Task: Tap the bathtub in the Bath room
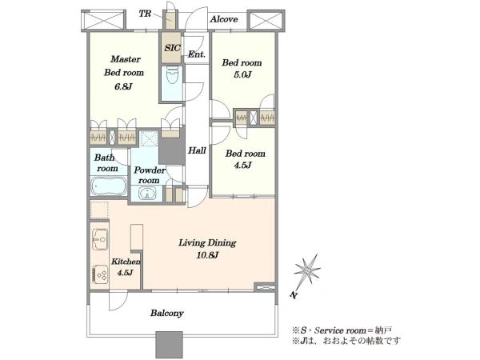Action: (x=109, y=186)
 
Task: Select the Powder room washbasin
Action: (x=147, y=194)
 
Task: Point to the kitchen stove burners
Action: (x=100, y=274)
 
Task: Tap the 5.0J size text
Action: (x=242, y=74)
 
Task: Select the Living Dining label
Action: (x=207, y=243)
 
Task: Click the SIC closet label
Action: (x=172, y=48)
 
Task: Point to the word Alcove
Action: (x=224, y=19)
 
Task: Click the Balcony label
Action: (x=167, y=313)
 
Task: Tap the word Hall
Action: (x=197, y=150)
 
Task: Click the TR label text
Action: (x=145, y=14)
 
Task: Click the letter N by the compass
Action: (x=294, y=294)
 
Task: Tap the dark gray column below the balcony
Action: (x=169, y=345)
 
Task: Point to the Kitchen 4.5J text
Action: (x=126, y=267)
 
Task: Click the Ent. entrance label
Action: (x=196, y=54)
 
